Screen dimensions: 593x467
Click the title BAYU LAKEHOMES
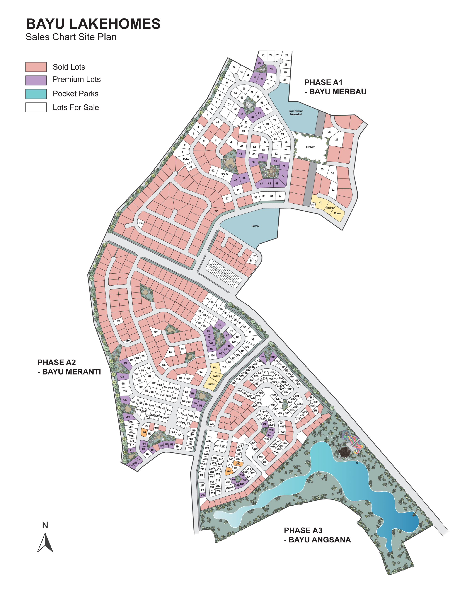point(93,24)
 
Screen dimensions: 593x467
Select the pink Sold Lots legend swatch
point(36,67)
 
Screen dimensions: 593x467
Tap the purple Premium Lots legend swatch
point(36,80)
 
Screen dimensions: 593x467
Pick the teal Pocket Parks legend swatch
point(36,94)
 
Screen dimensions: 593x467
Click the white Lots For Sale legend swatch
point(36,107)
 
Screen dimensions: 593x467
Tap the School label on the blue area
point(255,226)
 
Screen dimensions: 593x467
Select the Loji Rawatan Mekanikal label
point(296,113)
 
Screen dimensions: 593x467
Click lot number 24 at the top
point(287,55)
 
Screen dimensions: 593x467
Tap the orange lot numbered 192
point(144,432)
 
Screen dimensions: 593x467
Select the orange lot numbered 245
point(229,471)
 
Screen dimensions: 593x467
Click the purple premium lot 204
point(128,417)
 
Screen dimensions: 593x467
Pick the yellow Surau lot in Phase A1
point(337,213)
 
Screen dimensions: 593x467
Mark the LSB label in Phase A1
point(216,211)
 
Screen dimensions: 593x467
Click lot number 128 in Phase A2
point(118,321)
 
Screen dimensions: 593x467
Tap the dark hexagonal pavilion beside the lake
point(343,453)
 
